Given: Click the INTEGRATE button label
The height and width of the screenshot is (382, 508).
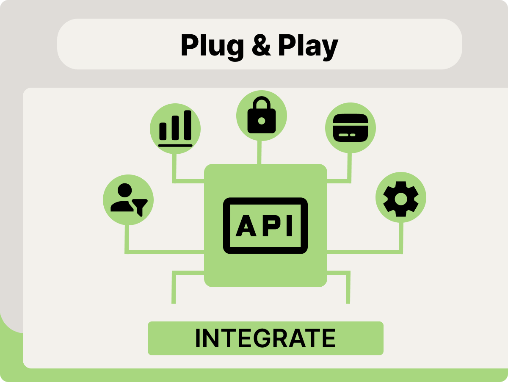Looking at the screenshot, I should [x=265, y=338].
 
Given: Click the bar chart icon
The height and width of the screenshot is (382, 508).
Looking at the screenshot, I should [x=175, y=128].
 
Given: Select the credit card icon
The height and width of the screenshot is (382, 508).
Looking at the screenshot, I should [x=350, y=127].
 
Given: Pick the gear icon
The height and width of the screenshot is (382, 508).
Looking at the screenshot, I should [x=400, y=197].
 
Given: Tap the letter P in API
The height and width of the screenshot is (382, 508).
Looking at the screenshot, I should [x=269, y=227].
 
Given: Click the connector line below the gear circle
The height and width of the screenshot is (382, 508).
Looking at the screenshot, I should [x=401, y=237].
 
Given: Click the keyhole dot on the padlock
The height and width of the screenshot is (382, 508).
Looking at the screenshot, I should [x=261, y=121].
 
